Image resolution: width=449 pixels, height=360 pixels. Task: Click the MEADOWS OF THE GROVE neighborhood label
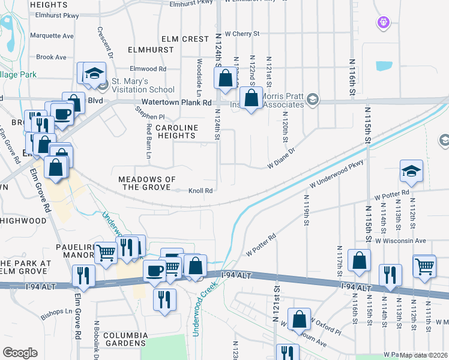click(147, 184)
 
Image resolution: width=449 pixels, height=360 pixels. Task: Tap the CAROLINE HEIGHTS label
click(176, 132)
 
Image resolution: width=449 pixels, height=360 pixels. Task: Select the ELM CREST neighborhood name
click(187, 39)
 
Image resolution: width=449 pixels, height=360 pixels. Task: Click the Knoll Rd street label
click(201, 191)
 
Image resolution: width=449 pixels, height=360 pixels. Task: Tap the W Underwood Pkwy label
click(337, 174)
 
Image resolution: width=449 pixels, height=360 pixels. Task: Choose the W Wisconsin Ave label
click(400, 241)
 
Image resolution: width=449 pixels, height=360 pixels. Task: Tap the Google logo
click(20, 353)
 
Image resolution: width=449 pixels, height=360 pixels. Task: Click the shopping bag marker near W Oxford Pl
click(299, 320)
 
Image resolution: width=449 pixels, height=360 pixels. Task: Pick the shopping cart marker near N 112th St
click(424, 265)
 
